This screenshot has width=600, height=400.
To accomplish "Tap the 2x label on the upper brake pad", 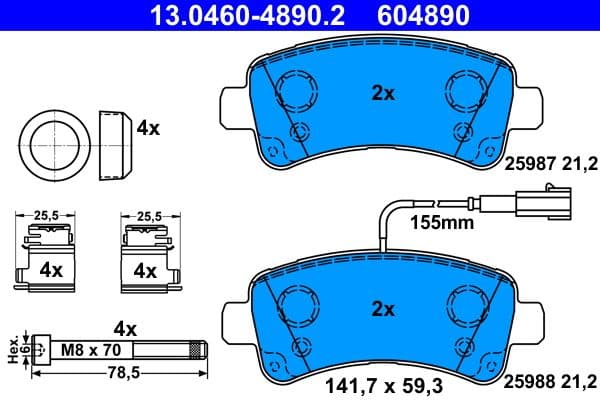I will (x=383, y=94).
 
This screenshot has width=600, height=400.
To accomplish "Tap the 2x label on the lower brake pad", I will (x=383, y=307).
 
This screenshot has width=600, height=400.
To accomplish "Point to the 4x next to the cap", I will (x=149, y=128).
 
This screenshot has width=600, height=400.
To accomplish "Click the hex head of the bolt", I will (x=39, y=350).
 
